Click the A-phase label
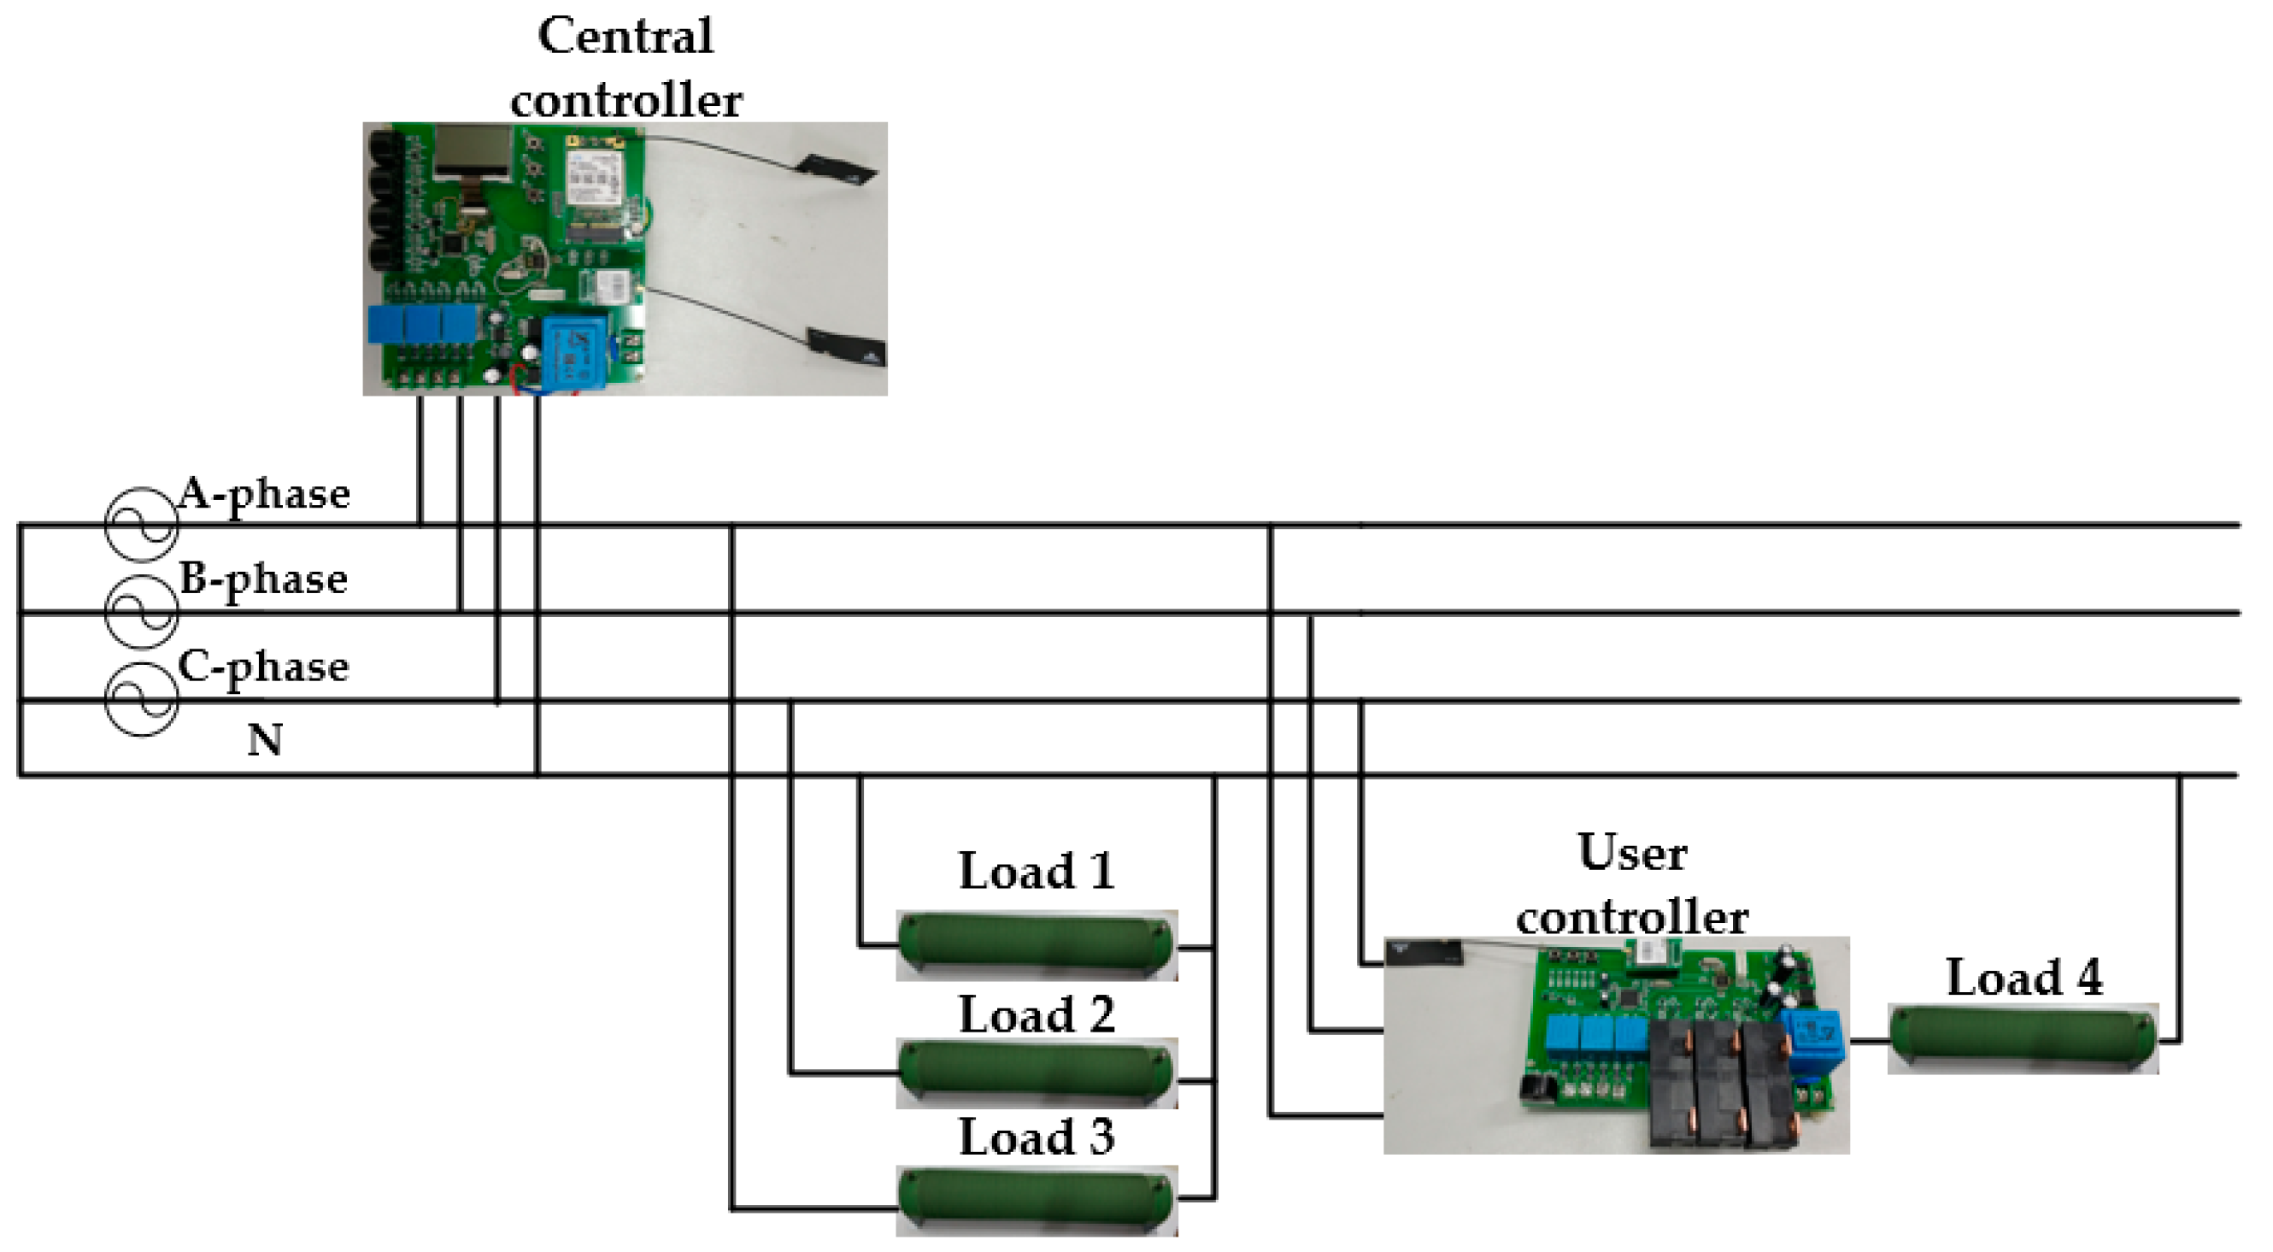(263, 495)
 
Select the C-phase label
(263, 668)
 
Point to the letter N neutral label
(265, 740)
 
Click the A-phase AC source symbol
(141, 525)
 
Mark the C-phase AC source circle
(141, 701)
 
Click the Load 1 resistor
(1036, 946)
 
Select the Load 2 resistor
(1036, 1073)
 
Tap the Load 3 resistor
(1036, 1200)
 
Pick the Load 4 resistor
(2023, 1039)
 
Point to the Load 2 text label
(1036, 1014)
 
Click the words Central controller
(626, 68)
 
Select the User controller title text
(1632, 885)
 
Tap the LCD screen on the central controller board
(473, 150)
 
